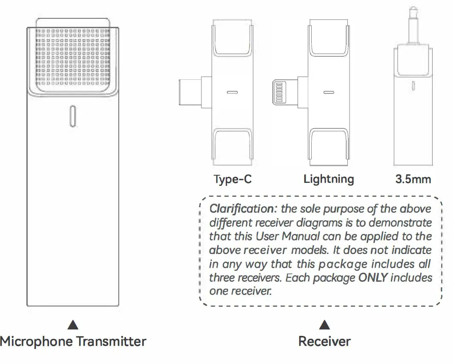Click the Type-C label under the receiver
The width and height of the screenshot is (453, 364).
point(232,179)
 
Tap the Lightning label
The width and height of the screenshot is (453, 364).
point(328,179)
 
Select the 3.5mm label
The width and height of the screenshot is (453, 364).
point(413,179)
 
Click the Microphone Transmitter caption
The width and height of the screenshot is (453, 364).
point(73,341)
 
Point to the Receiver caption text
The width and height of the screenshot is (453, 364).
point(324,341)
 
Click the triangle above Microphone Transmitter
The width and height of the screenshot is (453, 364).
point(73,326)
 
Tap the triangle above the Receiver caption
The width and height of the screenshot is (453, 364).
point(325,326)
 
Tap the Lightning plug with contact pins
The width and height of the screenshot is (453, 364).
point(281,92)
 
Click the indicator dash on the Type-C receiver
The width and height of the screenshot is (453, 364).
point(232,92)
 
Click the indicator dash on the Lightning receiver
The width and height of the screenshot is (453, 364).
point(329,92)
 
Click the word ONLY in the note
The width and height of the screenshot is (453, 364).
point(373,278)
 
